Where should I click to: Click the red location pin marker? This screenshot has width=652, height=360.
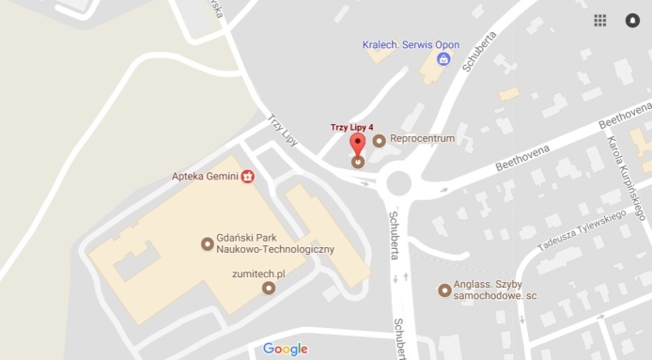pyautogui.click(x=357, y=144)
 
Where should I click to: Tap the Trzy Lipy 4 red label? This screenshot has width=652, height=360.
pyautogui.click(x=352, y=127)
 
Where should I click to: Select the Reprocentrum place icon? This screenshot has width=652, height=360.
pyautogui.click(x=379, y=141)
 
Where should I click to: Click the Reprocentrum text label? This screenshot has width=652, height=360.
pyautogui.click(x=422, y=139)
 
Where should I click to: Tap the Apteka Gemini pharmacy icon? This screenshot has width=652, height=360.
pyautogui.click(x=248, y=176)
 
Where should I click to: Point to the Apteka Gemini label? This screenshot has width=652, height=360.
pyautogui.click(x=203, y=176)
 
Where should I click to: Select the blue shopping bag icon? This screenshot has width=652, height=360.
pyautogui.click(x=444, y=59)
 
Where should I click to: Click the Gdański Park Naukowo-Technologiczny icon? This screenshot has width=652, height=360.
pyautogui.click(x=207, y=244)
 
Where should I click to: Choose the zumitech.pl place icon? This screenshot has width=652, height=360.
pyautogui.click(x=269, y=288)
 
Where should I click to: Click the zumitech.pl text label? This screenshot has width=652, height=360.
pyautogui.click(x=258, y=273)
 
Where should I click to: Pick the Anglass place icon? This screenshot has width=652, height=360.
pyautogui.click(x=444, y=290)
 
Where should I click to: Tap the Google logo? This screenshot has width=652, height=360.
pyautogui.click(x=285, y=349)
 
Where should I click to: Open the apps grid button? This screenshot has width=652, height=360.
pyautogui.click(x=600, y=20)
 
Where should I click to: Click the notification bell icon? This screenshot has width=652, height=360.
pyautogui.click(x=632, y=20)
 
